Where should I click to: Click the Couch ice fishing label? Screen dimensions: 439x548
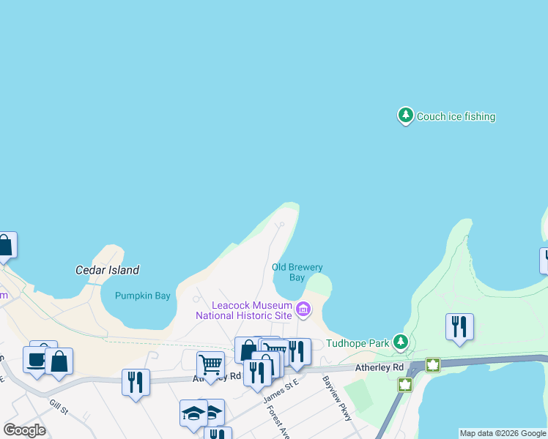(x=456, y=116)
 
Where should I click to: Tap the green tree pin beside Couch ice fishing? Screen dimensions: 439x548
(x=405, y=115)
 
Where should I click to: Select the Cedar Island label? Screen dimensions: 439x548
(x=107, y=270)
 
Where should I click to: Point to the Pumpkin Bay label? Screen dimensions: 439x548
(x=143, y=296)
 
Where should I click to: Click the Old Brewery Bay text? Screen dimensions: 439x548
(x=297, y=272)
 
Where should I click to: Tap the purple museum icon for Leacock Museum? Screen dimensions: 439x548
(x=303, y=310)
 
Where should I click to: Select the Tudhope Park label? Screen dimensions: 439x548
(x=358, y=342)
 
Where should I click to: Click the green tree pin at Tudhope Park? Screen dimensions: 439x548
(x=400, y=342)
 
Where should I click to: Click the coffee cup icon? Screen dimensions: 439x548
(x=37, y=359)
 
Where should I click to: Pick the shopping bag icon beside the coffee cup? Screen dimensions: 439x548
(x=59, y=361)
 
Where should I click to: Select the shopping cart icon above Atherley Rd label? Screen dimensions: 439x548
(x=210, y=364)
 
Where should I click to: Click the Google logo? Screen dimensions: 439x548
(x=24, y=430)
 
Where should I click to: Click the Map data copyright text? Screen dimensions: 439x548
(x=503, y=433)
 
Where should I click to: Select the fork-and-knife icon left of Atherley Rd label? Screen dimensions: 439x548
(x=136, y=381)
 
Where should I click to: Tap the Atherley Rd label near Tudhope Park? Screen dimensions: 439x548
(x=379, y=367)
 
